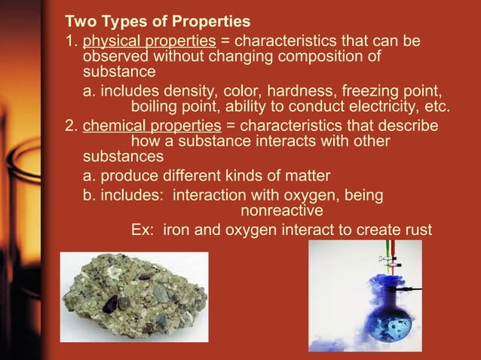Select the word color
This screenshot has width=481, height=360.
click(x=257, y=90)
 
